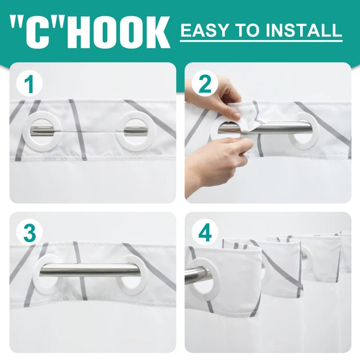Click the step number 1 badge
[29, 84]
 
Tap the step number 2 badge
[205, 84]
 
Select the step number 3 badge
[29, 233]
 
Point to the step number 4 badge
[205, 233]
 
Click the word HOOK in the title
[118, 32]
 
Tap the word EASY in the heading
[205, 30]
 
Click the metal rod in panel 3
[90, 270]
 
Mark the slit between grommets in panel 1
[89, 132]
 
